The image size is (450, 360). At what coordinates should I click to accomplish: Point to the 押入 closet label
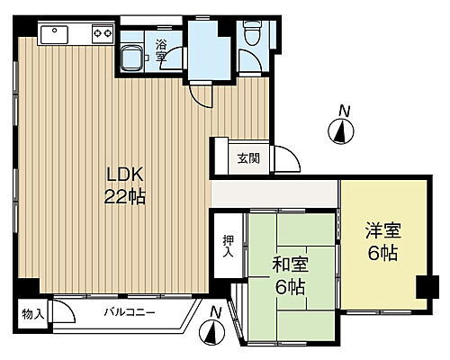(228, 247)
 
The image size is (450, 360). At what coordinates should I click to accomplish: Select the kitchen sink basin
(55, 35)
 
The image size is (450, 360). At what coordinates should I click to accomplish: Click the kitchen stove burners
(100, 34)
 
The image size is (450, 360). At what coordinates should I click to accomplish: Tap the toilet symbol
(251, 34)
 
